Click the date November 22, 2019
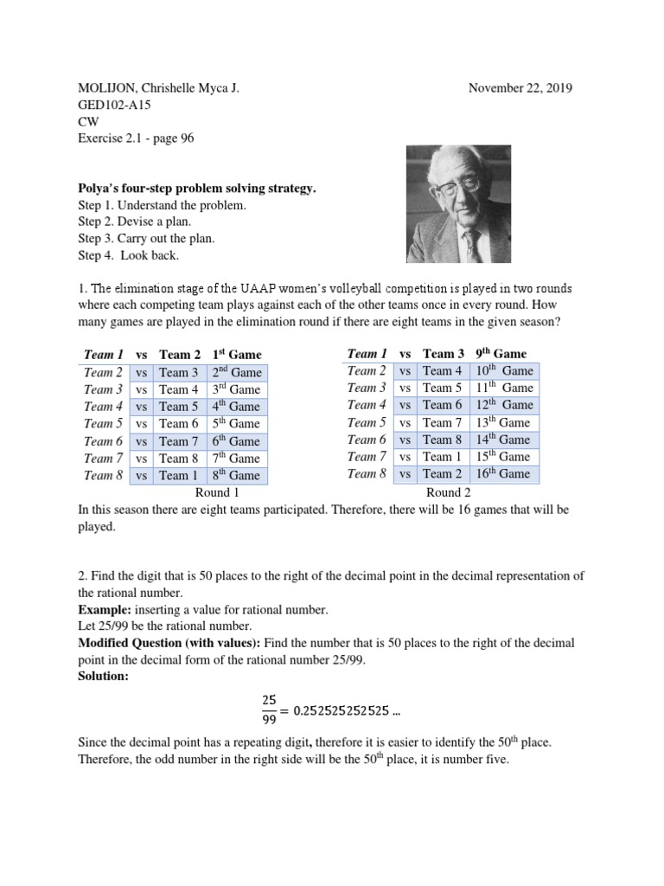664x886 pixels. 520,88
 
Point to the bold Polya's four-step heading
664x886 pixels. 191,188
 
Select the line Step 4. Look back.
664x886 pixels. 131,256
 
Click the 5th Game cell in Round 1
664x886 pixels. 235,424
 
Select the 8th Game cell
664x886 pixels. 235,476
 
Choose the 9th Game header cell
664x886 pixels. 501,353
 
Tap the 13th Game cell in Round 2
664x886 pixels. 503,422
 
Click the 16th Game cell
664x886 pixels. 503,474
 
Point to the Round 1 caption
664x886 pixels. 216,492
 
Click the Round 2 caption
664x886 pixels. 448,492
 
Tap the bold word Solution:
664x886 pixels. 103,676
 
